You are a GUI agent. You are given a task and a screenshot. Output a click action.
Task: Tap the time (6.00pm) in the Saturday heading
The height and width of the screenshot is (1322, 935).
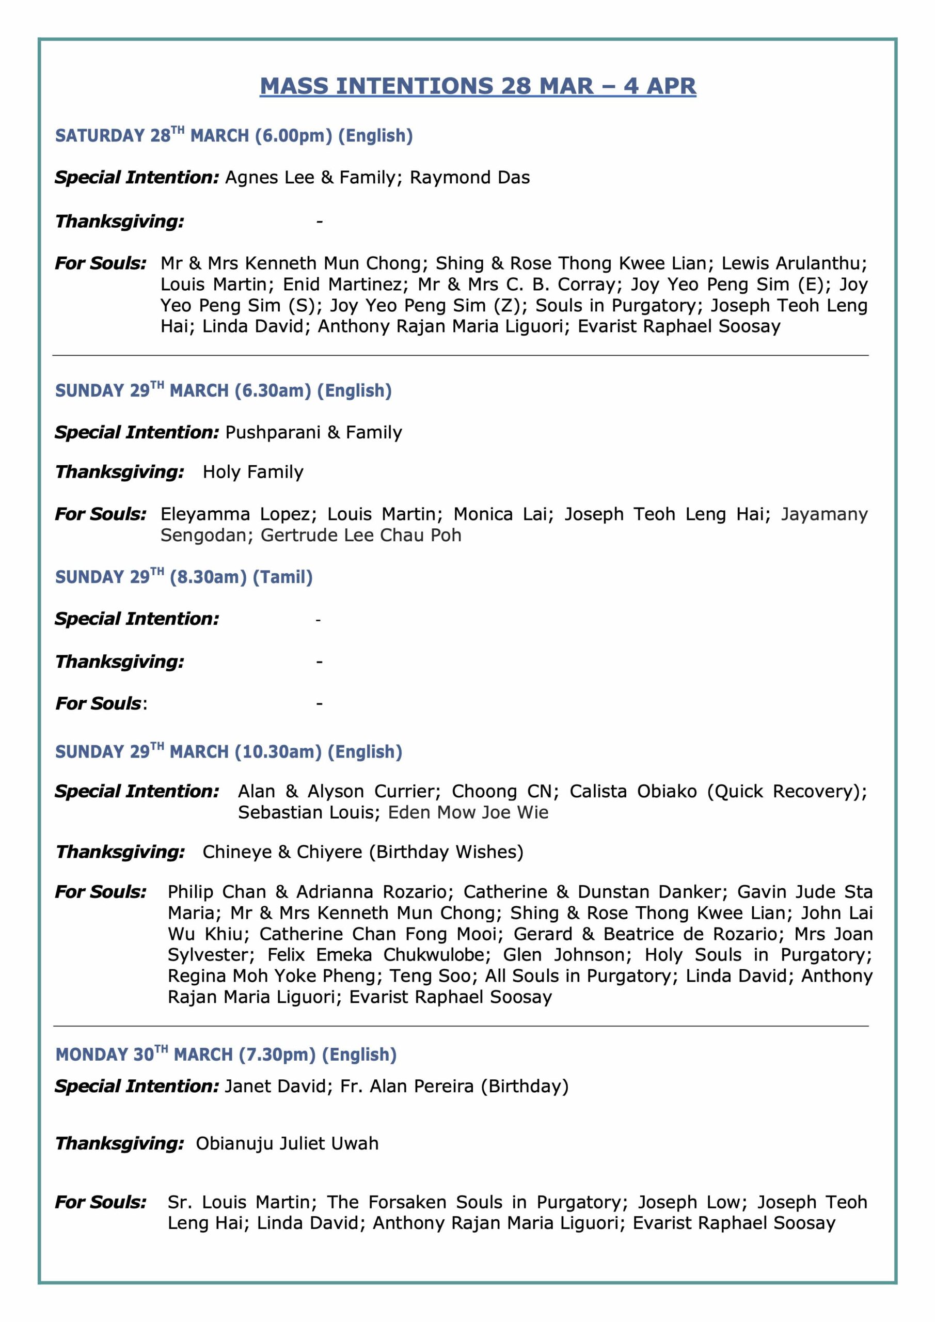(x=294, y=136)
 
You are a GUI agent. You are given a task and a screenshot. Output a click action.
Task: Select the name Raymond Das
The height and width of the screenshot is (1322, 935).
(x=470, y=177)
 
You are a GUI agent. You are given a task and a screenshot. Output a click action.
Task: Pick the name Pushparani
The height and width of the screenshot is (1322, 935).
(x=273, y=432)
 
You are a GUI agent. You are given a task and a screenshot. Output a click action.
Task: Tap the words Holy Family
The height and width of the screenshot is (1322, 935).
(x=253, y=472)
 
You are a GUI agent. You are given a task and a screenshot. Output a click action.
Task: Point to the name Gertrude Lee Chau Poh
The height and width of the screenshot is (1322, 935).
(x=361, y=535)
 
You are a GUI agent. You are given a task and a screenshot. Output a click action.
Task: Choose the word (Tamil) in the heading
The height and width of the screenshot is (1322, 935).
(x=283, y=577)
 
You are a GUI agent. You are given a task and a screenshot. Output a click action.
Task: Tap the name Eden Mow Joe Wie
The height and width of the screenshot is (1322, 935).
(x=468, y=812)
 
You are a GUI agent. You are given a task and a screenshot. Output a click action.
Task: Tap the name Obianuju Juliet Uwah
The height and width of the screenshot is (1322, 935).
(x=287, y=1143)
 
